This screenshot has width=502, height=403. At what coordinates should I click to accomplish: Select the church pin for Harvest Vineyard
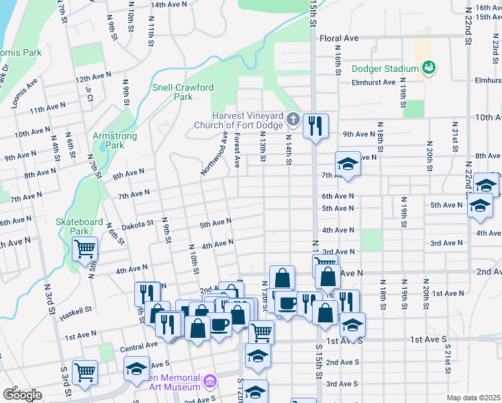(292, 120)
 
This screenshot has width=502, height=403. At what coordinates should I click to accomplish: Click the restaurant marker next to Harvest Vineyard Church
(315, 126)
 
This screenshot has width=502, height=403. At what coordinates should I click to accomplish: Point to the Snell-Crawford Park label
(174, 92)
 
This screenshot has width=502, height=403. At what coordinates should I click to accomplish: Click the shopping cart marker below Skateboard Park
(85, 249)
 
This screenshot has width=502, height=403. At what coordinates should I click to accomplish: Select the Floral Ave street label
(340, 38)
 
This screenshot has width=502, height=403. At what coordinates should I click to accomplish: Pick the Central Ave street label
(139, 347)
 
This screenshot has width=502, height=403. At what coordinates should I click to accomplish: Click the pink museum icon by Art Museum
(210, 382)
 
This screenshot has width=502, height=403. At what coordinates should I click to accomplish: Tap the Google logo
(22, 394)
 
